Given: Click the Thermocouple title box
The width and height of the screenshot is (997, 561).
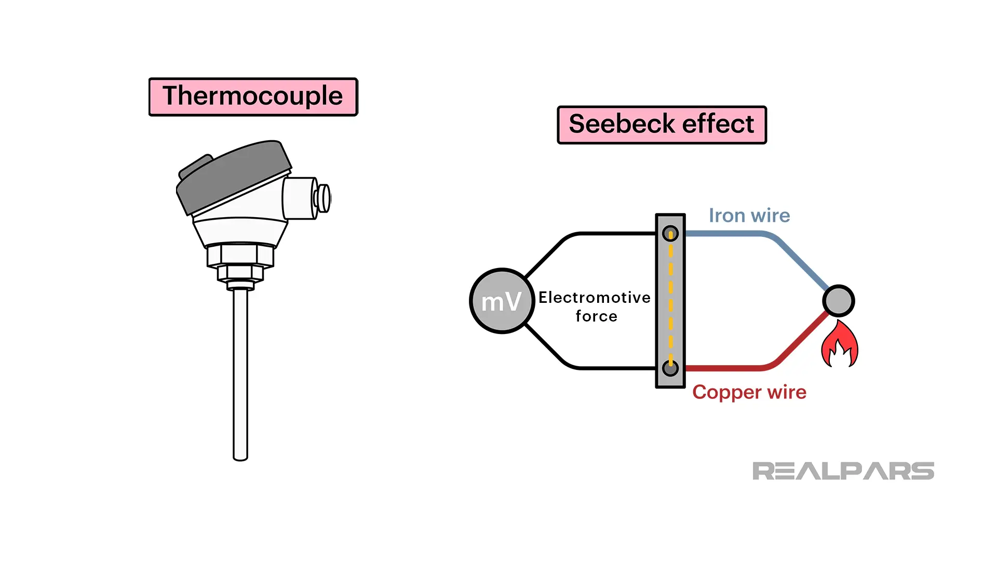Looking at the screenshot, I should tap(253, 97).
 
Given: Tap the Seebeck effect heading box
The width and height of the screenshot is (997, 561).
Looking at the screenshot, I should tap(662, 125).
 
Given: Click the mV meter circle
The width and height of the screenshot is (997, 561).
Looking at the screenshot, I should tap(502, 301).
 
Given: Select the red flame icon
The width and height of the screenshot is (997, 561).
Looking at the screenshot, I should tap(839, 345).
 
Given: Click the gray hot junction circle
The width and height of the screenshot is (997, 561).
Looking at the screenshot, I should tap(838, 301).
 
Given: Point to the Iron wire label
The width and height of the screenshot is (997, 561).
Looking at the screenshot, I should tap(749, 216).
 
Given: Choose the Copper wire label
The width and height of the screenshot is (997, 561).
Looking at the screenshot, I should tap(749, 392).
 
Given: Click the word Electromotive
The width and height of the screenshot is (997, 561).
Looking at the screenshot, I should tap(594, 298).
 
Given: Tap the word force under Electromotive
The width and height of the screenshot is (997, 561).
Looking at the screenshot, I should tap(596, 316).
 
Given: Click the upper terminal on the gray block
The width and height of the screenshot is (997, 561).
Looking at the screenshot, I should tap(670, 234).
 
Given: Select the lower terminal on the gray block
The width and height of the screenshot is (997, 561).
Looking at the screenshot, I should tap(670, 368).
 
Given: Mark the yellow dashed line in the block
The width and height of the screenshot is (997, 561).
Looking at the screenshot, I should tap(670, 301).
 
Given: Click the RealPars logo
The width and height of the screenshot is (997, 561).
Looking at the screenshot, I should tap(843, 471).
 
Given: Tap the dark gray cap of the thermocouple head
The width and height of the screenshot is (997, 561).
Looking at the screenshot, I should tap(234, 174).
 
